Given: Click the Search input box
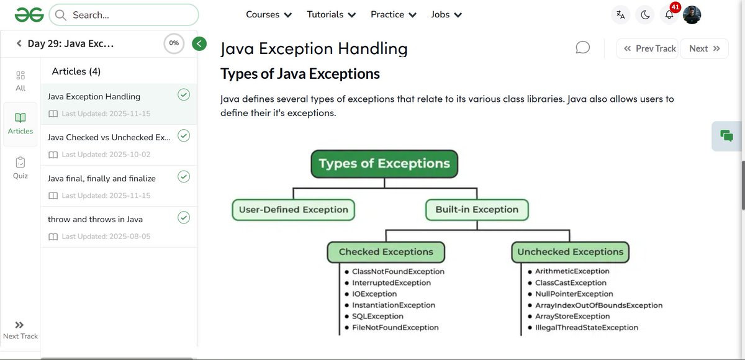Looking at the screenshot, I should [124, 15].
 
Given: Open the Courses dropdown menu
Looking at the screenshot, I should [269, 14].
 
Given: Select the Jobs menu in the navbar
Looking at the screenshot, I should [446, 14].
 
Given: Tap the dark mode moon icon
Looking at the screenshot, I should [645, 15].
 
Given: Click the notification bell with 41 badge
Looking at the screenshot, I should [669, 15].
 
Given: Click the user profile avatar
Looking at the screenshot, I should [692, 15].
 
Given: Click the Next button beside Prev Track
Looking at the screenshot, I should [704, 48].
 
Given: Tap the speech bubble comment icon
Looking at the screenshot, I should [582, 48].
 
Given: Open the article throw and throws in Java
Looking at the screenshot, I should [95, 219].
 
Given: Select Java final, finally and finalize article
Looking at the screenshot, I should [102, 178].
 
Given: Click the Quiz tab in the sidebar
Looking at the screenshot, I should [20, 168].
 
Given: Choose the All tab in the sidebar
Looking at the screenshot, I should [20, 81].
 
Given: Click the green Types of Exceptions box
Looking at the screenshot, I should [384, 164].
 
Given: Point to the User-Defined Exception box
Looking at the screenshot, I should [294, 210].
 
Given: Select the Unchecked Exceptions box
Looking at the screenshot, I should [570, 252].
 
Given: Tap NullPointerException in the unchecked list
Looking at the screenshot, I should [574, 294].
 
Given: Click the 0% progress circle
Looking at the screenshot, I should [174, 43].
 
